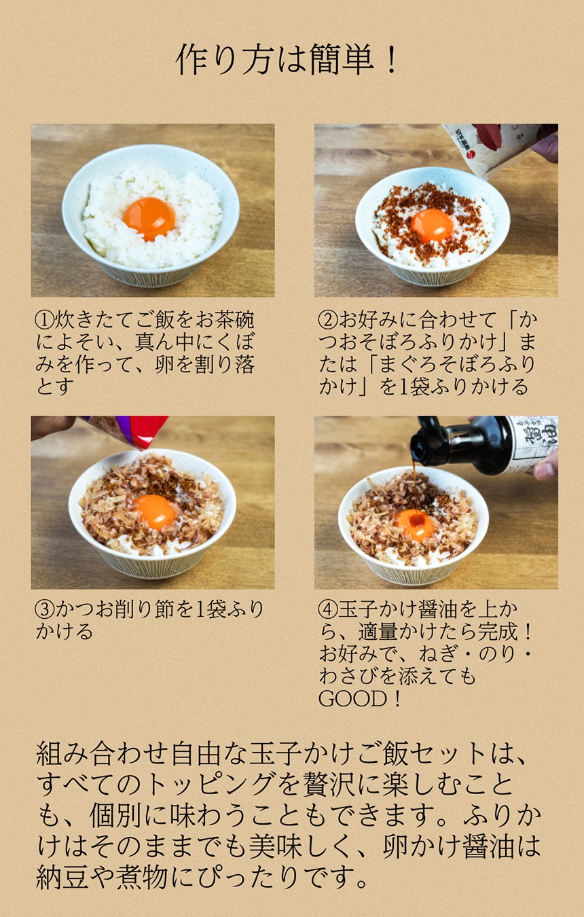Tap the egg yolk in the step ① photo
pyautogui.click(x=149, y=218)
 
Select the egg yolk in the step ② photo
pyautogui.click(x=432, y=225)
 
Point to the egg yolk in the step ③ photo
pyautogui.click(x=154, y=511)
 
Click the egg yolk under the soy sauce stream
pyautogui.click(x=414, y=524)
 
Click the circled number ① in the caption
pyautogui.click(x=44, y=319)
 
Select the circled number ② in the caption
pyautogui.click(x=327, y=319)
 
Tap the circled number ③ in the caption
pyautogui.click(x=44, y=609)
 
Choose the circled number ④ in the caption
pyautogui.click(x=327, y=609)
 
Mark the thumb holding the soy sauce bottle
pyautogui.click(x=545, y=469)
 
